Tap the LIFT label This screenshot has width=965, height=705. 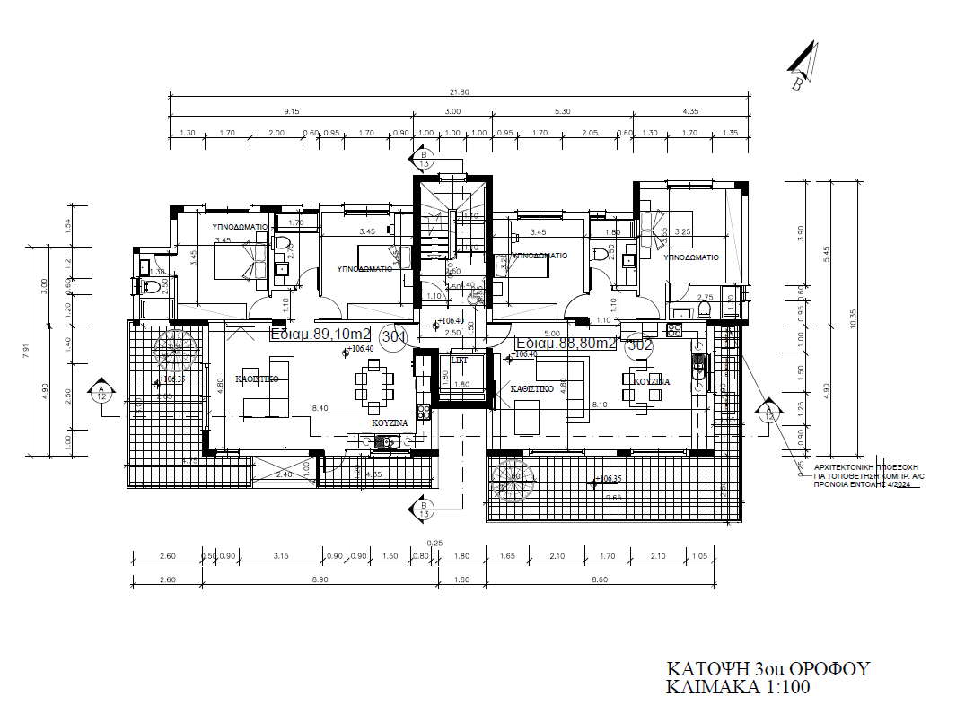[460, 360]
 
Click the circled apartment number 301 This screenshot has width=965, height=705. [393, 336]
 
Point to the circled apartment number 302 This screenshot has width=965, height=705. [639, 344]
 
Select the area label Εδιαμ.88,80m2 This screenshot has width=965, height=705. [566, 343]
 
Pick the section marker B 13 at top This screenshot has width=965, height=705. [424, 160]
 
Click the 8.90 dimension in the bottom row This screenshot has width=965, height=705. [320, 580]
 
